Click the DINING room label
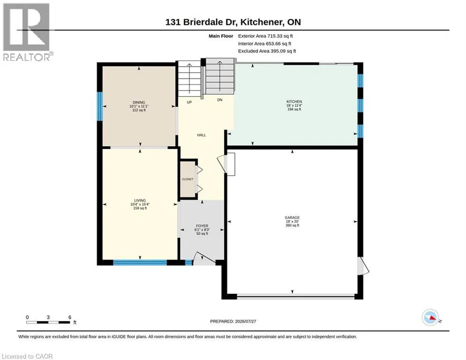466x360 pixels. pyautogui.click(x=139, y=102)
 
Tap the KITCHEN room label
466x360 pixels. pyautogui.click(x=294, y=101)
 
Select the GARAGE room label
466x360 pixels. pyautogui.click(x=292, y=217)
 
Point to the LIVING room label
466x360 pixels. pyautogui.click(x=140, y=201)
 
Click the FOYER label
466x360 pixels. pyautogui.click(x=202, y=226)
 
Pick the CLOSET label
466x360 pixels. pyautogui.click(x=187, y=179)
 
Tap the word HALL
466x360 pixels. pyautogui.click(x=201, y=135)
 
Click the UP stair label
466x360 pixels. pyautogui.click(x=189, y=102)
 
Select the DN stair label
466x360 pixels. pyautogui.click(x=220, y=100)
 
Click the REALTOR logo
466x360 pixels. pyautogui.click(x=27, y=32)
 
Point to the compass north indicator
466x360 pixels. pyautogui.click(x=431, y=317)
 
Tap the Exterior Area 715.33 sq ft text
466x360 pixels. pyautogui.click(x=266, y=36)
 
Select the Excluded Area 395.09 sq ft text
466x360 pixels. pyautogui.click(x=267, y=51)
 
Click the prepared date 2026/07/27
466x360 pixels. pyautogui.click(x=245, y=321)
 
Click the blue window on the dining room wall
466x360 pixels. pyautogui.click(x=100, y=106)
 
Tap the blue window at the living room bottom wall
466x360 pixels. pyautogui.click(x=140, y=262)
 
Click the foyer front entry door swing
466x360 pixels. pyautogui.click(x=205, y=259)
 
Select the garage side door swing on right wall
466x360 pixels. pyautogui.click(x=363, y=266)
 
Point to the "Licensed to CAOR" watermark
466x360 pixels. pyautogui.click(x=27, y=356)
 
